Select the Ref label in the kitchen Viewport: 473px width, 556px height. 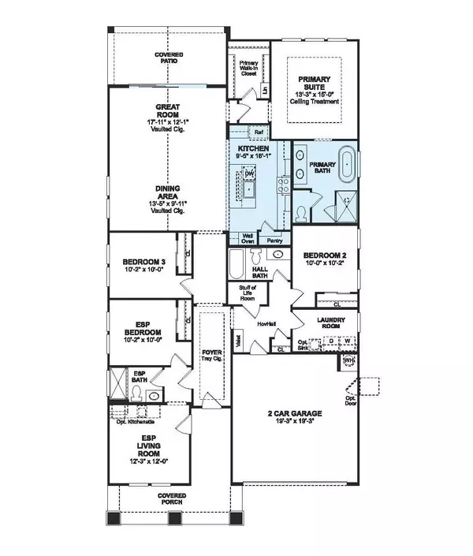(258, 132)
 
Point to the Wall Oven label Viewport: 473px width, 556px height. (248, 237)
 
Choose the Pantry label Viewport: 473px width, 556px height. (274, 241)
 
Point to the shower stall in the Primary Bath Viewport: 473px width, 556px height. (344, 201)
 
